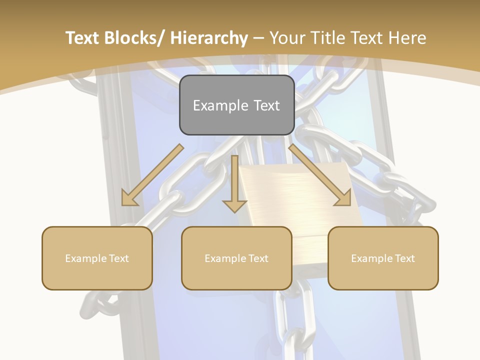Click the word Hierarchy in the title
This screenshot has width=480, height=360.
[208, 38]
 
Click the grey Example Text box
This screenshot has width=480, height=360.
[236, 105]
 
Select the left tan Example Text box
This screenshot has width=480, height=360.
[97, 258]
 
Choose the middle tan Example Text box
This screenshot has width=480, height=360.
[236, 258]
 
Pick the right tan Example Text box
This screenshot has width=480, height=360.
[383, 258]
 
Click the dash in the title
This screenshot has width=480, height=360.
[258, 39]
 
